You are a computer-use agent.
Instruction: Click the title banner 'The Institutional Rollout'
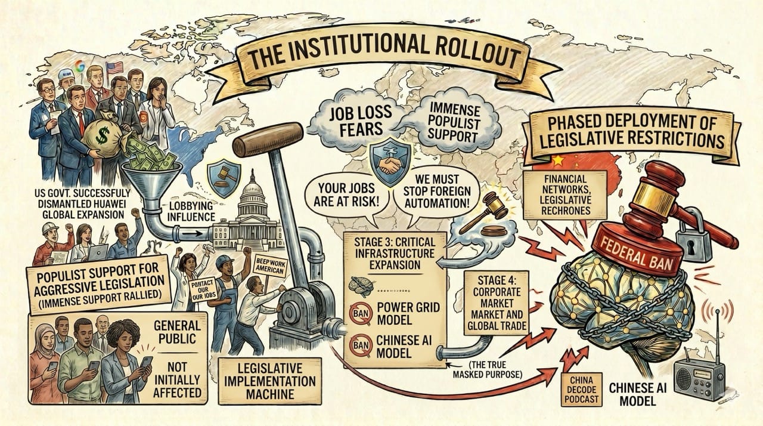point(381,60)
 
